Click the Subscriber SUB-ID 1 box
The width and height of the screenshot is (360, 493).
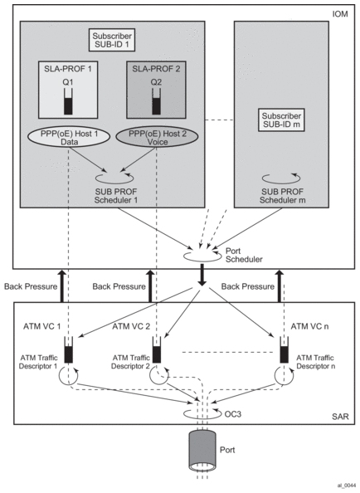pos(112,40)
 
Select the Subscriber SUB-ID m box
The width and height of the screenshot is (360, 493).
pos(281,120)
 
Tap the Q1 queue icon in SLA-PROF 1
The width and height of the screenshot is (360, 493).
pos(68,101)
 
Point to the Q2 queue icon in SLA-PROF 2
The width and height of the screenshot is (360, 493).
pos(156,101)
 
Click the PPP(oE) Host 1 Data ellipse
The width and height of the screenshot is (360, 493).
pos(69,138)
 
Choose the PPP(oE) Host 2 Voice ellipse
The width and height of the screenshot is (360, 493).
pos(158,138)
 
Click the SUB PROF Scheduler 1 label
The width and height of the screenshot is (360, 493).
pos(116,196)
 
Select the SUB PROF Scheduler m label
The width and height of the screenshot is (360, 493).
pos(282,196)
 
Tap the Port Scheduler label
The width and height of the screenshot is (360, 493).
pos(244,255)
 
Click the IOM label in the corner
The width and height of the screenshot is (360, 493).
pos(340,14)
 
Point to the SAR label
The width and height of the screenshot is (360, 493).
pos(340,417)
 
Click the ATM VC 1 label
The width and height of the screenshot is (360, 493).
pos(41,326)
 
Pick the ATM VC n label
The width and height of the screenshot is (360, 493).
pos(309,326)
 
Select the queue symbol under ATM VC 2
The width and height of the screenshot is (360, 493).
pos(157,350)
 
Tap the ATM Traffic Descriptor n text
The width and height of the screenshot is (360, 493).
pos(315,362)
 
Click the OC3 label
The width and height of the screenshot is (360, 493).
pos(233,414)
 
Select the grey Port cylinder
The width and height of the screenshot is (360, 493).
pos(202,450)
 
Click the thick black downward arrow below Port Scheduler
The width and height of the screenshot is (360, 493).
pos(202,275)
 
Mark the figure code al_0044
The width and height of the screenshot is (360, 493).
pos(347,486)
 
